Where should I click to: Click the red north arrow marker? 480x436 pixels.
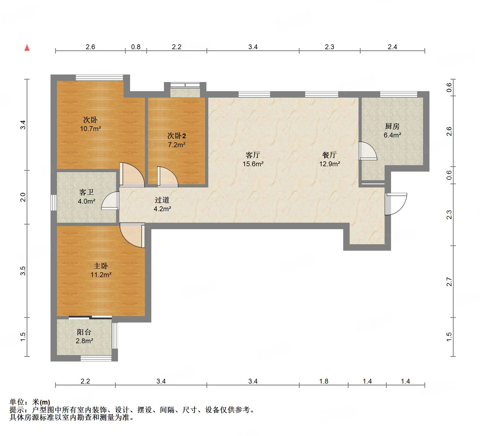coord(27,48)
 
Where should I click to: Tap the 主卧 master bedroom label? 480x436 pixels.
coord(101,266)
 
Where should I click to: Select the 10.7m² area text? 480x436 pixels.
coord(90,129)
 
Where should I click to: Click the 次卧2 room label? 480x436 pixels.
coord(177,136)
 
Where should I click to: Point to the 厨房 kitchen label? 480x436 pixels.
coord(392,126)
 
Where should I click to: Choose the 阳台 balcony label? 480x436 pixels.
coord(84,332)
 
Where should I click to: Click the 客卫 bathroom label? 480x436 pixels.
coord(87,192)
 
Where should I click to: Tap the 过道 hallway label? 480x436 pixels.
coord(162,200)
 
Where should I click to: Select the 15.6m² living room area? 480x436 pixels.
coord(253,164)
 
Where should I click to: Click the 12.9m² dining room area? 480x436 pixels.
coord(330,164)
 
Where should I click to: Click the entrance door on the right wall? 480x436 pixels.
coord(396,204)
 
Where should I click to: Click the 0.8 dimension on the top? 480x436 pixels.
coord(136,47)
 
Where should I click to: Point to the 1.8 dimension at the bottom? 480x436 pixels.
coord(324,381)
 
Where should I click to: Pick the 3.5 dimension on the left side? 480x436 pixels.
coord(23,271)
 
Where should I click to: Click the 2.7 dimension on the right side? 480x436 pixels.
coord(449,282)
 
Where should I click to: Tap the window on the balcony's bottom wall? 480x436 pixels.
coord(96,358)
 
